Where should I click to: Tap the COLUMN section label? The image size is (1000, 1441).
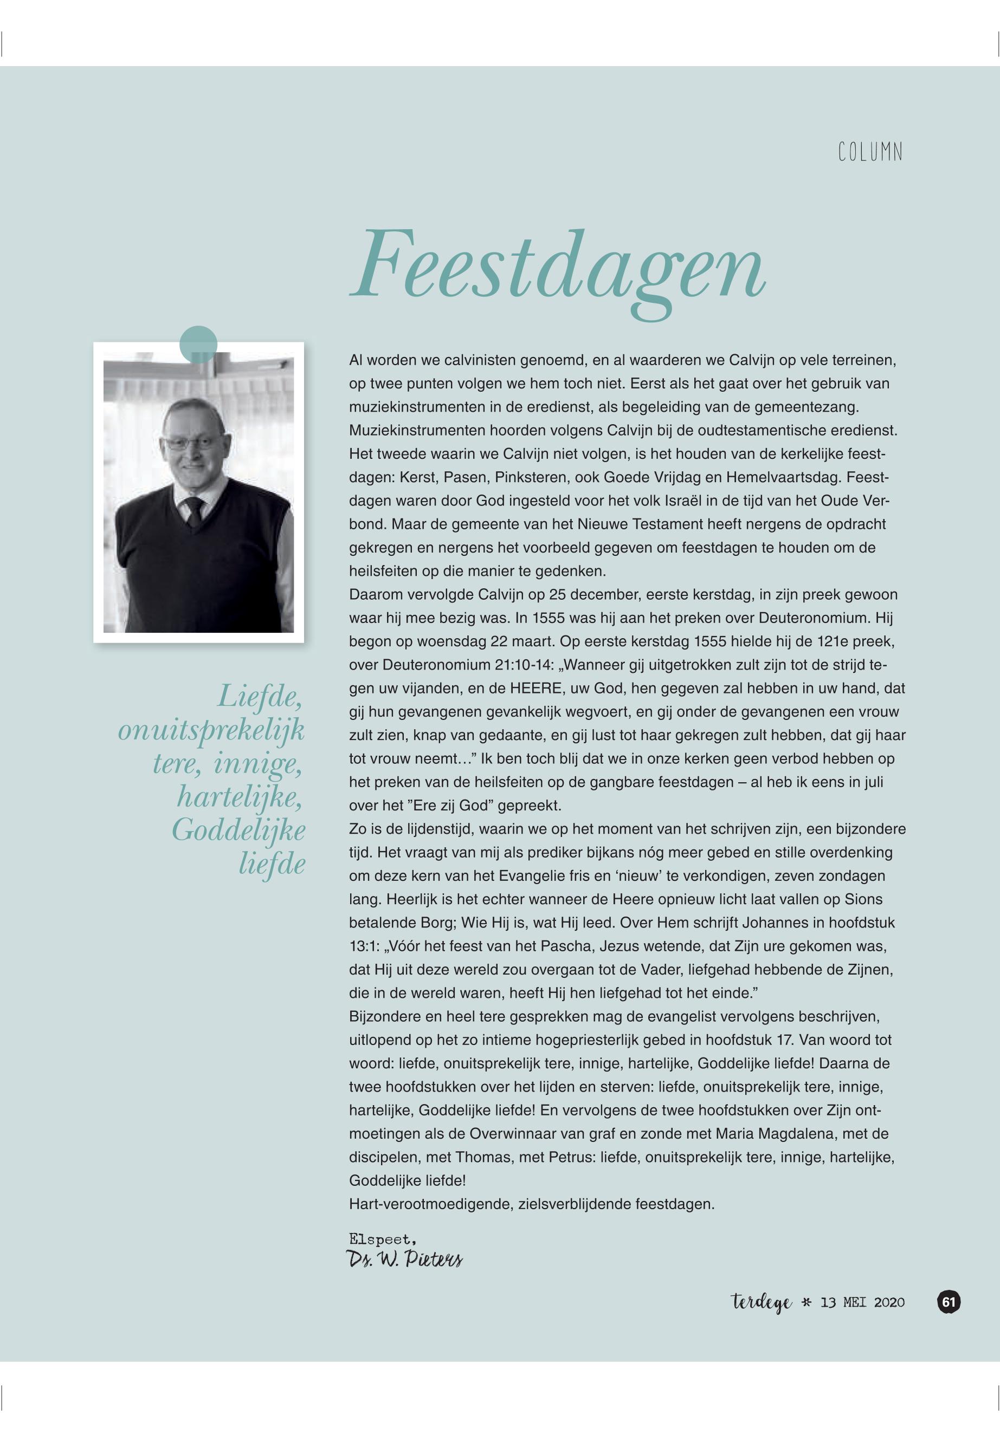click(x=870, y=153)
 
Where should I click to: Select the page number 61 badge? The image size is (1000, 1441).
click(x=949, y=1302)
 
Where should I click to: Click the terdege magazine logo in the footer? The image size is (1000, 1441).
click(x=762, y=1303)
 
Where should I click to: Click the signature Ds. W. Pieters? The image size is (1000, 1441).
click(x=404, y=1260)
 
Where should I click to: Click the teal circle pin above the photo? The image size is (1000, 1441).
click(x=198, y=345)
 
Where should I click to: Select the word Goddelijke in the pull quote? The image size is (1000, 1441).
click(x=238, y=831)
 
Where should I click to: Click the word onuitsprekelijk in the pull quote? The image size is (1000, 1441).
click(x=211, y=731)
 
